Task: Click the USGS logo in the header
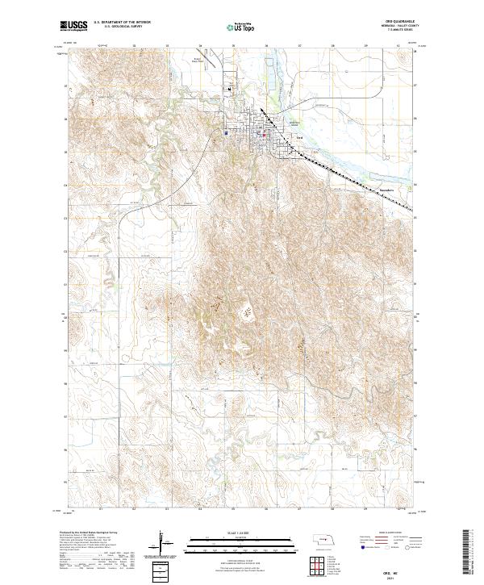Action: (73, 27)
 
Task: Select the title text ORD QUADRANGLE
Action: (401, 22)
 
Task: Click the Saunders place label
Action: (389, 191)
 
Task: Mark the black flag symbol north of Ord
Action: (232, 88)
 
